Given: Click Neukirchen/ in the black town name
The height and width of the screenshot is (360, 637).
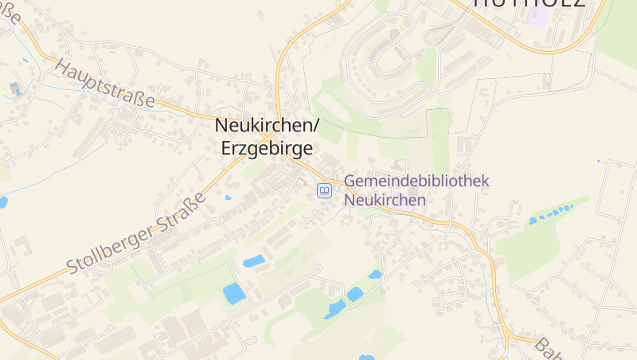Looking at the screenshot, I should click(x=267, y=126).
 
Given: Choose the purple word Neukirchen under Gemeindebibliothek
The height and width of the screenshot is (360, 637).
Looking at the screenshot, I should click(x=385, y=200).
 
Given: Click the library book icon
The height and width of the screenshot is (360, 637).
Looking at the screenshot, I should click(x=324, y=190).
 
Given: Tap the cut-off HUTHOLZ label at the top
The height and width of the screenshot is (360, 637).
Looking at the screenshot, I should click(x=529, y=3).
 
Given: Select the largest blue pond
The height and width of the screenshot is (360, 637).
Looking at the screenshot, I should click(x=235, y=293).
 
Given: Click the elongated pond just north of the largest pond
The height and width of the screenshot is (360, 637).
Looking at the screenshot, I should click(x=254, y=260).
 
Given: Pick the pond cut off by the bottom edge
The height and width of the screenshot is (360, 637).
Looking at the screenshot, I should click(x=366, y=357).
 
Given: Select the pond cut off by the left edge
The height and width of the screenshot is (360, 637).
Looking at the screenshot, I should click(x=2, y=202).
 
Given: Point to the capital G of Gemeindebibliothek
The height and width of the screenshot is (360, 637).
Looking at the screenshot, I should click(x=350, y=182).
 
